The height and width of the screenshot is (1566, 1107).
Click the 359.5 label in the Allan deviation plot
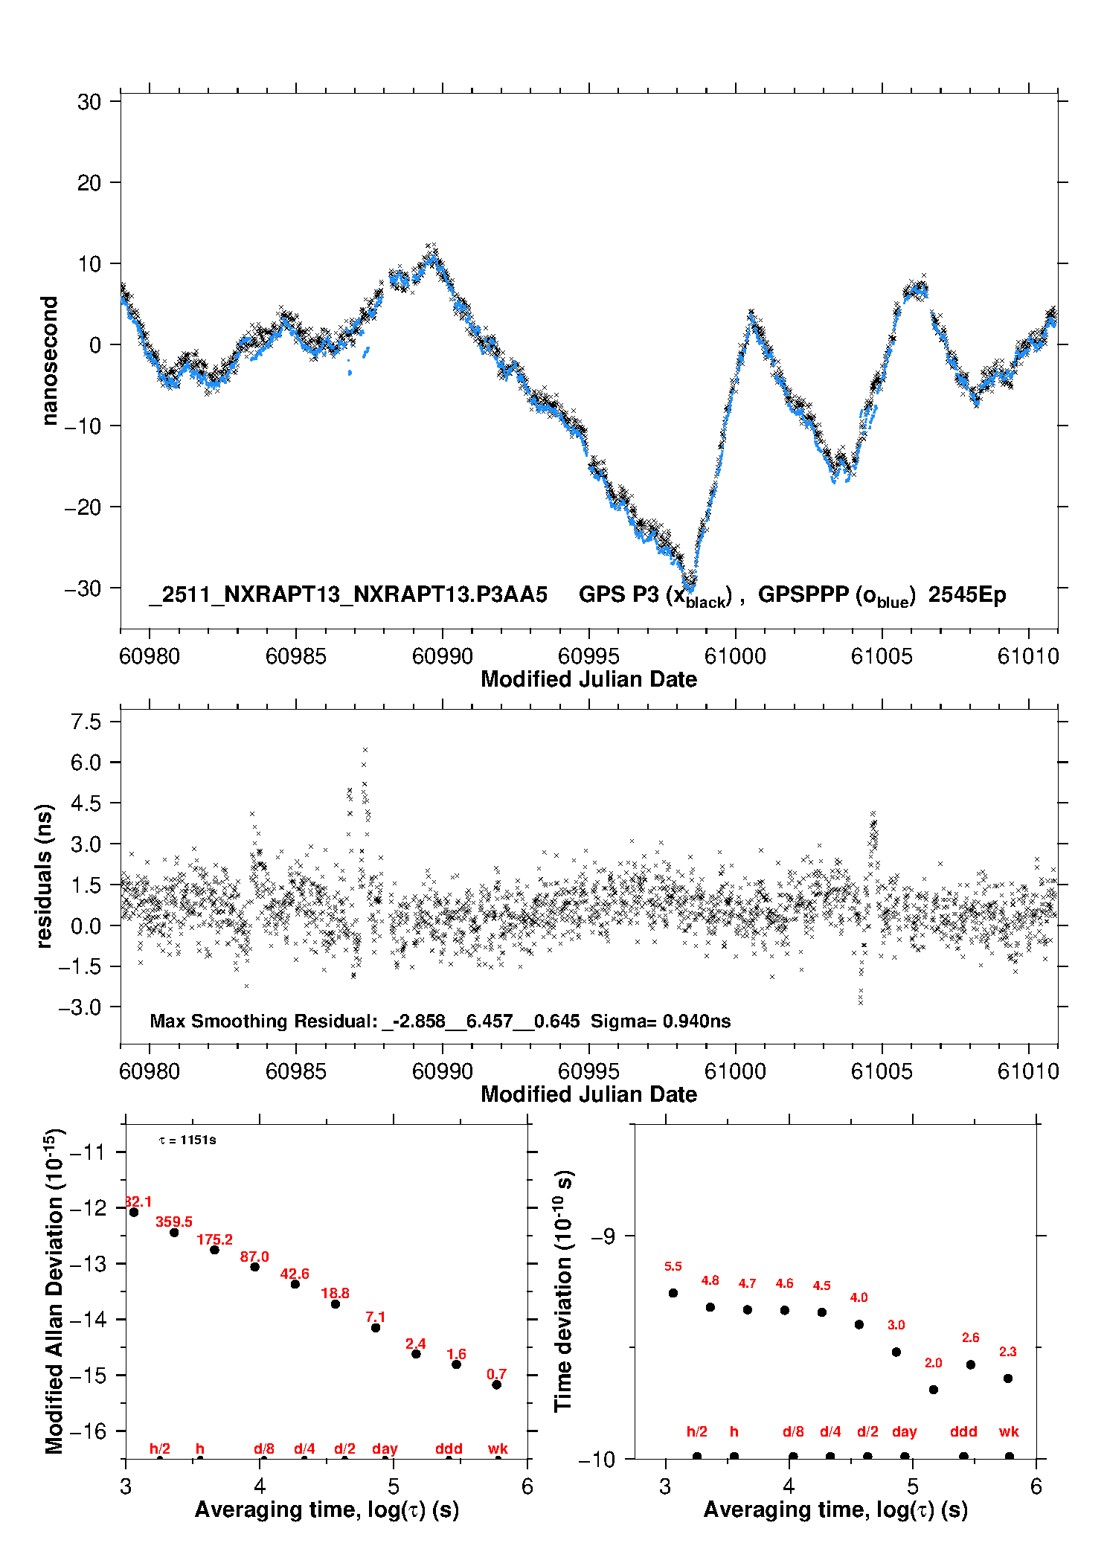coord(174,1222)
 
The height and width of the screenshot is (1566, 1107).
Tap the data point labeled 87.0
coord(254,1266)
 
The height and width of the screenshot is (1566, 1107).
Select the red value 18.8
coord(335,1293)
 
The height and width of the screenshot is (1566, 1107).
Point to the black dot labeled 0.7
coord(496,1384)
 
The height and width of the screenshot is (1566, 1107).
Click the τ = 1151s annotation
coord(187,1140)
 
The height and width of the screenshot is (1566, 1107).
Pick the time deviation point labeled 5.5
coord(673,1292)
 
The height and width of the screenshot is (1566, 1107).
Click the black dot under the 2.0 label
coord(933,1389)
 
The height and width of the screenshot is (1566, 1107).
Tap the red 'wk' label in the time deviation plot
coord(1009,1431)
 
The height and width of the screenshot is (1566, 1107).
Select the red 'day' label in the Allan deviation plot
coord(385,1448)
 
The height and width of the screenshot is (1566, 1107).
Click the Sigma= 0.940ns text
coord(661,1021)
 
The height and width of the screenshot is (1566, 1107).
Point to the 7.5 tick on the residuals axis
coord(86,722)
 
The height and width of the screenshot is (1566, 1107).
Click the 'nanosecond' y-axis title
coord(49,360)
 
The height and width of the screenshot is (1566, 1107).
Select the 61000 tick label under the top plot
coord(735,656)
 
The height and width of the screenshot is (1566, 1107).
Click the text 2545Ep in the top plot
coord(966,595)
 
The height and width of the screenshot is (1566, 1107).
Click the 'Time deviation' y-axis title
coord(564,1291)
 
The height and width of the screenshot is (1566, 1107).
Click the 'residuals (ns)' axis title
coord(45,876)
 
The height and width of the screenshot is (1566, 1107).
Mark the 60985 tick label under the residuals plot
coord(295,1071)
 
